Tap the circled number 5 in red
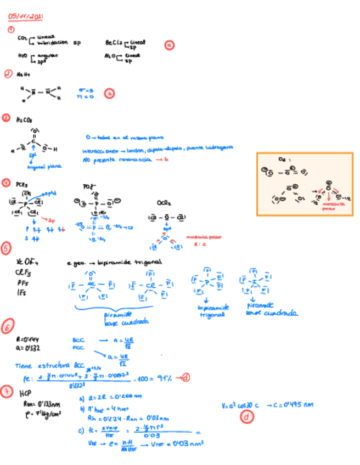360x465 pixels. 7,248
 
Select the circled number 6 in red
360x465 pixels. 8,328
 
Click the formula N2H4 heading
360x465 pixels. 23,73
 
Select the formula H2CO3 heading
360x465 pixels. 24,118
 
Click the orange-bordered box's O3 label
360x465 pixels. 282,160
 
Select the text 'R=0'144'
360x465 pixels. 27,340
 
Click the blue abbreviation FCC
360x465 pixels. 77,347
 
